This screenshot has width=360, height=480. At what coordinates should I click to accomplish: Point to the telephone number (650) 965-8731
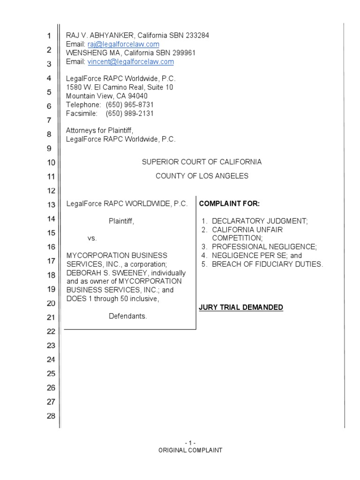tap(129, 105)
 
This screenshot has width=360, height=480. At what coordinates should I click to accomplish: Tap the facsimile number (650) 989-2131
tap(129, 113)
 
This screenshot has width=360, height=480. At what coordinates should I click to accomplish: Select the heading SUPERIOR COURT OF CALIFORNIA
tap(202, 162)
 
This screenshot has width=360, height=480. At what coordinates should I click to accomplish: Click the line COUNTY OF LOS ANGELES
tap(202, 176)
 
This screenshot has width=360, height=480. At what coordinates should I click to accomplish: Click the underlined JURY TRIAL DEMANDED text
tap(241, 307)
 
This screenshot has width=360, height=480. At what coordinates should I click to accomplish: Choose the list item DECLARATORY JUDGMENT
tap(260, 221)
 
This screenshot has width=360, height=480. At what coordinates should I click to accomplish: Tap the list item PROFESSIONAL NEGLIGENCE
tap(264, 247)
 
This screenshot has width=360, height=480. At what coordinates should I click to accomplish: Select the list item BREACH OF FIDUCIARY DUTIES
tap(267, 264)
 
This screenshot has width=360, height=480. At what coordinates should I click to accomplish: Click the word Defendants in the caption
tap(128, 316)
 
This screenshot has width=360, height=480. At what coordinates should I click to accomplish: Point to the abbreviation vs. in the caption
tap(92, 238)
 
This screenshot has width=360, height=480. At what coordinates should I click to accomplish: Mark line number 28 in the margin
tap(51, 416)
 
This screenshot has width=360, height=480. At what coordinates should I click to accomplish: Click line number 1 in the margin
tap(49, 36)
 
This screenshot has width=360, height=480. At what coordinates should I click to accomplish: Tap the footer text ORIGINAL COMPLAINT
tap(190, 450)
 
